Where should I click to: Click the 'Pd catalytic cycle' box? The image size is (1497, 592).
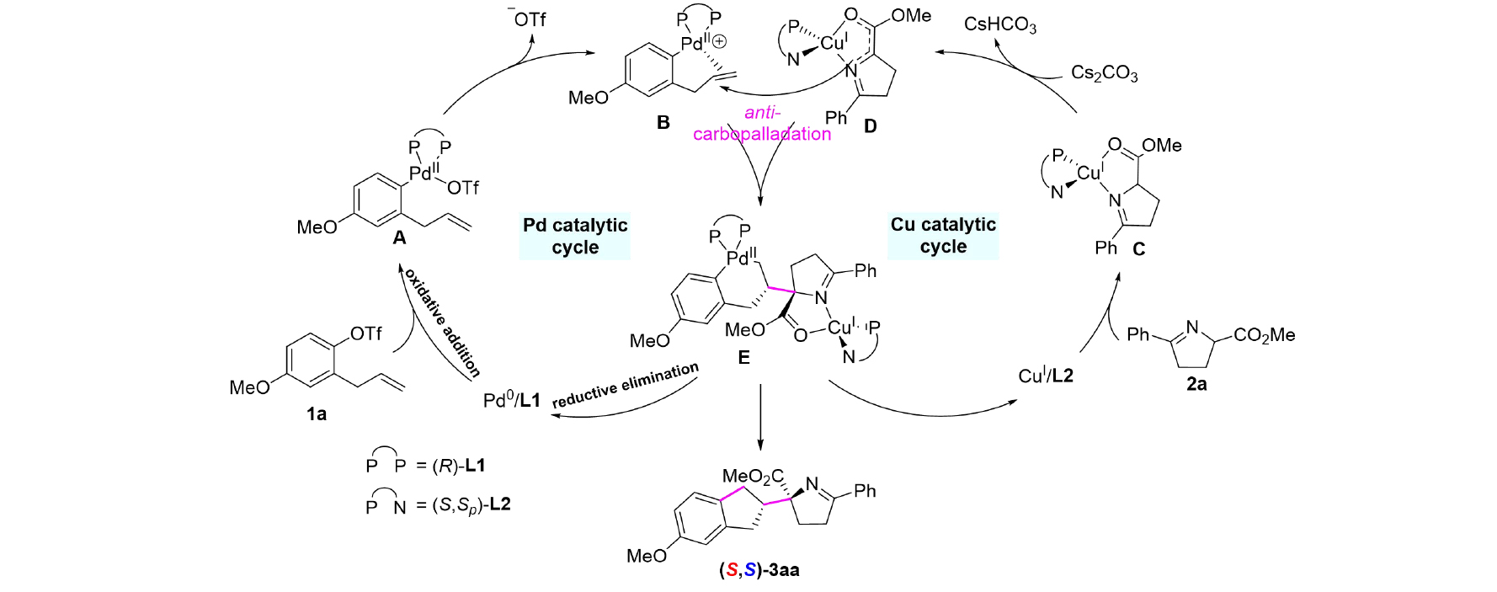click(x=575, y=237)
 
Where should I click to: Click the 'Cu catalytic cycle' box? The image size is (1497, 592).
click(x=943, y=236)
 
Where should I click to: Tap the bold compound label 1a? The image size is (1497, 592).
click(x=317, y=413)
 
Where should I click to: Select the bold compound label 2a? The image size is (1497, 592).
click(x=1196, y=384)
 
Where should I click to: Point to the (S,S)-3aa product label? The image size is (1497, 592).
click(x=759, y=570)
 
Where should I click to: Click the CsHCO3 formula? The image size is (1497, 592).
click(x=1000, y=24)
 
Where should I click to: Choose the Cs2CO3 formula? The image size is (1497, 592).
click(x=1104, y=73)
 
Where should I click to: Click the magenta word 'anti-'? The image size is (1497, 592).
click(x=762, y=113)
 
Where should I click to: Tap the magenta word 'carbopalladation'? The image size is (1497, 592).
click(x=762, y=134)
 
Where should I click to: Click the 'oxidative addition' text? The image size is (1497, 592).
click(x=442, y=323)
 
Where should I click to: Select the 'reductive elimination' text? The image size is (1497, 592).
click(x=626, y=386)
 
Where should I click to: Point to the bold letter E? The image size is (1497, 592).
click(x=743, y=358)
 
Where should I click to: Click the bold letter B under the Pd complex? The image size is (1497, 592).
click(x=663, y=123)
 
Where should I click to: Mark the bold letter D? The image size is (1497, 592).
click(x=871, y=126)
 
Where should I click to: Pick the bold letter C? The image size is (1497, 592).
click(x=1139, y=249)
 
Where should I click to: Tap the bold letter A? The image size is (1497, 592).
click(x=399, y=238)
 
